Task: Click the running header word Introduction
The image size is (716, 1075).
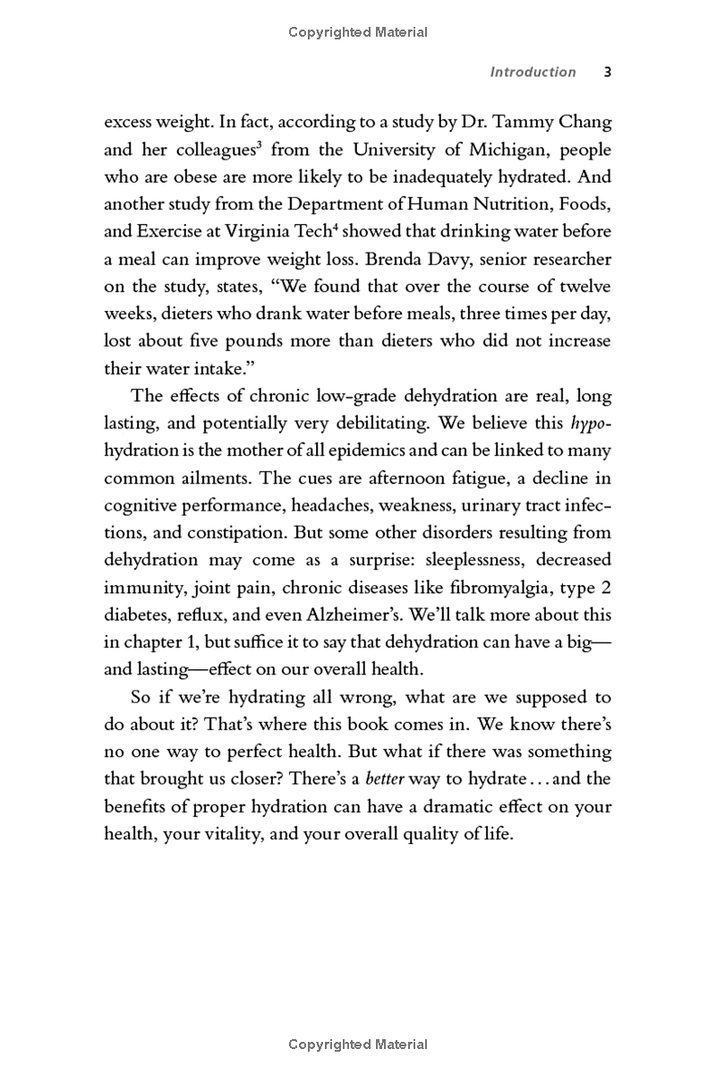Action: pos(533,73)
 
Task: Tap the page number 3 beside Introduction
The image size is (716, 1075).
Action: pos(607,73)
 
